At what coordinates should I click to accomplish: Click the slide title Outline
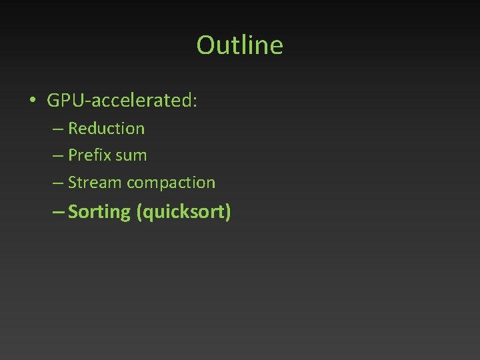(240, 45)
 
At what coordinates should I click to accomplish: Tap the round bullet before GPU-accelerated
(32, 101)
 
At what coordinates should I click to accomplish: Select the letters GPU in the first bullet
(64, 101)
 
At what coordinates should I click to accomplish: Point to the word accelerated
(141, 101)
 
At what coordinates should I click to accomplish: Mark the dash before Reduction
(57, 129)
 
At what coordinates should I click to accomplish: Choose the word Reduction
(106, 128)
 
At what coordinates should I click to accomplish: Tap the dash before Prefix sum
(57, 156)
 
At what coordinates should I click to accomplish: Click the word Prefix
(89, 155)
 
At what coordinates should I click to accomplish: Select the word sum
(131, 156)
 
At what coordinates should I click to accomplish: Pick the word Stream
(95, 183)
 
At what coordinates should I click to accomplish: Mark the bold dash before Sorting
(57, 213)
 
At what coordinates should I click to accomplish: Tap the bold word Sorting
(99, 213)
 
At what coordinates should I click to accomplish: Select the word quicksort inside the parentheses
(183, 213)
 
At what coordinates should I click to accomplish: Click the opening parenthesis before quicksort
(138, 213)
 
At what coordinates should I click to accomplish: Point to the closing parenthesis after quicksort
(228, 213)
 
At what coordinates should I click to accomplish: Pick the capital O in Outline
(205, 45)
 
